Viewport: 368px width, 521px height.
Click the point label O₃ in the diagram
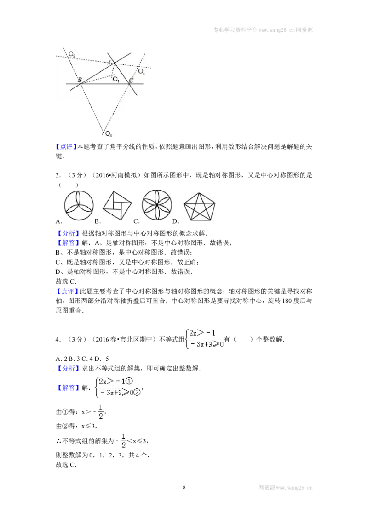click(x=109, y=134)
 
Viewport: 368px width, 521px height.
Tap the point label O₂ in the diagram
click(x=72, y=54)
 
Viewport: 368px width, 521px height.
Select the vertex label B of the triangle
click(x=80, y=80)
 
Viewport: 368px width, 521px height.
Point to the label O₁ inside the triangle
click(x=115, y=80)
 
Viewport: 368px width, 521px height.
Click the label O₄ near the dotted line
click(x=142, y=71)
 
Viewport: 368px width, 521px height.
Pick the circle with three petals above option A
click(x=79, y=206)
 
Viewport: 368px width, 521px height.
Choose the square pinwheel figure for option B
click(x=117, y=206)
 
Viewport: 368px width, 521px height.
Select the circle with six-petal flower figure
click(x=157, y=205)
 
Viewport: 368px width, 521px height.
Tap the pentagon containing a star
click(x=199, y=207)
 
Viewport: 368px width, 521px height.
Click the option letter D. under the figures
click(x=176, y=221)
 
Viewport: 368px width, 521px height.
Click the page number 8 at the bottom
click(x=184, y=487)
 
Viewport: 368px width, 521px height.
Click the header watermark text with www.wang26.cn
click(x=263, y=30)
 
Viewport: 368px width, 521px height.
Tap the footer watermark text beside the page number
click(x=285, y=488)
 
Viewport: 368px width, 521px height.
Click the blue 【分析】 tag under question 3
click(x=68, y=233)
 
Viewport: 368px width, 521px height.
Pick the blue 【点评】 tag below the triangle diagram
click(x=66, y=146)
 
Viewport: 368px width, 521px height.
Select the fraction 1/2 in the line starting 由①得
click(x=101, y=411)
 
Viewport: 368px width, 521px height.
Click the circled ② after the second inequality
click(x=137, y=393)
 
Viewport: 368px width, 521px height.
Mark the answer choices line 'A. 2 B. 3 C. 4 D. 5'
click(x=82, y=359)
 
